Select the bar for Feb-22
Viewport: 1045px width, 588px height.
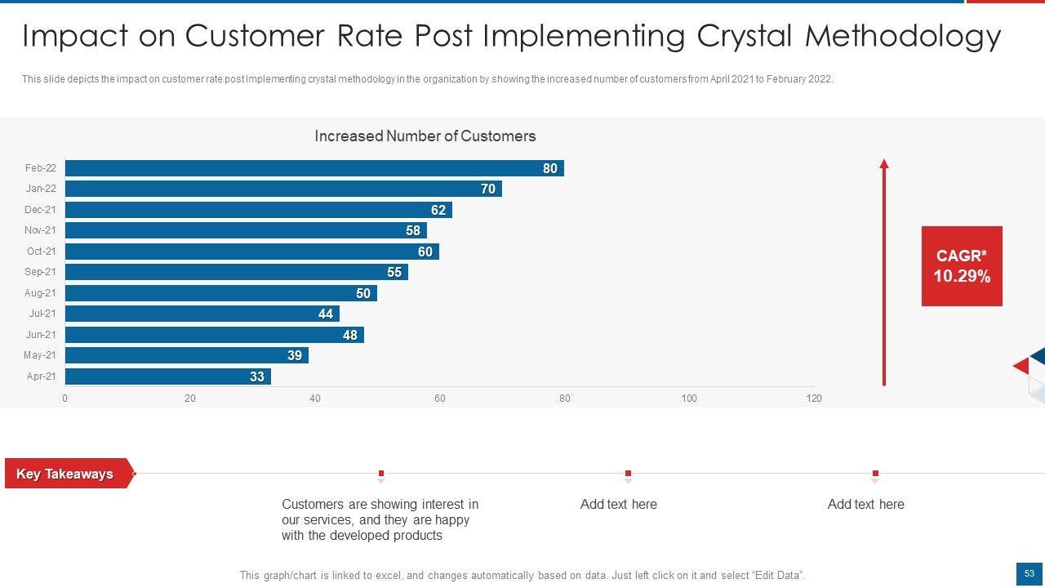[x=314, y=168]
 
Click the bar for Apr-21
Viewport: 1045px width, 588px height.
[x=167, y=376]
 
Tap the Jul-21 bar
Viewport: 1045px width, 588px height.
[x=202, y=314]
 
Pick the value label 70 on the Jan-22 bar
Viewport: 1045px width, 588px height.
[x=488, y=189]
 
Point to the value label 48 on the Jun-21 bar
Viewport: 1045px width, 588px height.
[x=350, y=335]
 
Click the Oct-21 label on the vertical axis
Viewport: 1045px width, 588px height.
[x=41, y=252]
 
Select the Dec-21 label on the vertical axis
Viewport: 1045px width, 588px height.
[x=40, y=210]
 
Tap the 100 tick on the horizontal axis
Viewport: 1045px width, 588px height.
[x=689, y=399]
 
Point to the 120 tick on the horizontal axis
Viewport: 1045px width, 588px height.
[x=814, y=399]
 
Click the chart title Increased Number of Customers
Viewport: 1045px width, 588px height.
[x=425, y=136]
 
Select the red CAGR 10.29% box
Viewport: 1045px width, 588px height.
[x=962, y=266]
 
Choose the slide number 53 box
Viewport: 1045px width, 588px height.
[x=1029, y=574]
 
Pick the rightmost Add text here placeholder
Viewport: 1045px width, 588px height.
[x=865, y=505]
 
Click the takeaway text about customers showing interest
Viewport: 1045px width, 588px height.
[x=380, y=520]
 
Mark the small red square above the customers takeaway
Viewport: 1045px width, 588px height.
[x=381, y=474]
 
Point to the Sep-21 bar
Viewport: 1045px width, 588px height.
[x=236, y=272]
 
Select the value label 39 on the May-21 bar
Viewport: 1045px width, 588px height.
[x=295, y=355]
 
